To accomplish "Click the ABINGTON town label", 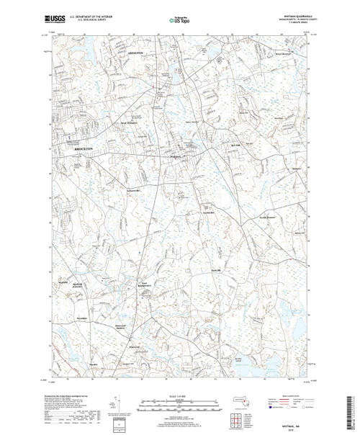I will [x=136, y=55].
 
